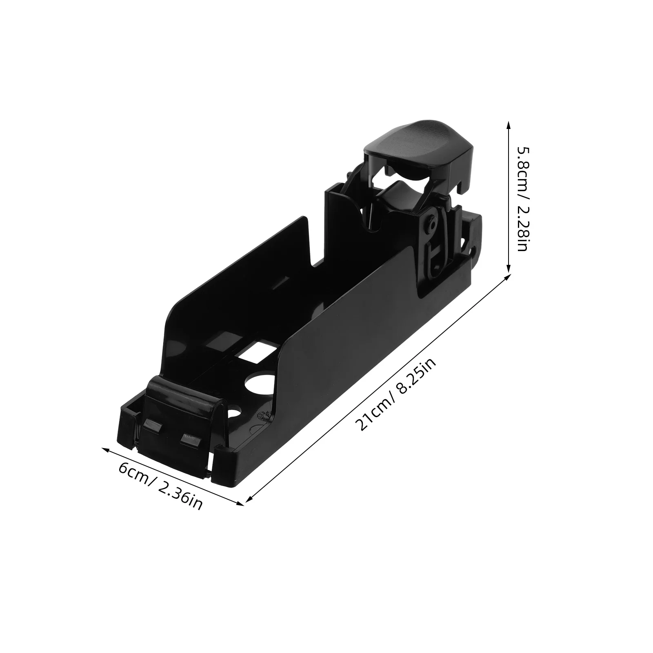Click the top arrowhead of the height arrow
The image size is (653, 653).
[508, 124]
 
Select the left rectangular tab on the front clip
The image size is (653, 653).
[152, 426]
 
